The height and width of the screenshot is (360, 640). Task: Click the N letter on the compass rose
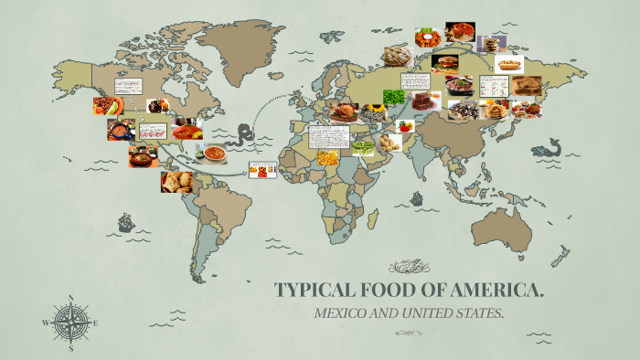(71, 297)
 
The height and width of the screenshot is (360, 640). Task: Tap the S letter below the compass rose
(71, 348)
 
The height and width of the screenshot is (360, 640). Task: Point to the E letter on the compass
(95, 323)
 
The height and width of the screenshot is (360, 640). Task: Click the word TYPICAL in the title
(315, 291)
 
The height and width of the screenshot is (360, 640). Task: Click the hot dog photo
(508, 64)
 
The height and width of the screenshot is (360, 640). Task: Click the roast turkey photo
(346, 112)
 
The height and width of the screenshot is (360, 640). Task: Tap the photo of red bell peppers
(404, 125)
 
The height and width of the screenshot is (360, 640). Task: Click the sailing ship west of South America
(124, 223)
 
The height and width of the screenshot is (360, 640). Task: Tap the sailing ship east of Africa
(416, 197)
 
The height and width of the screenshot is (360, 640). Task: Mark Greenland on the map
(235, 41)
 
